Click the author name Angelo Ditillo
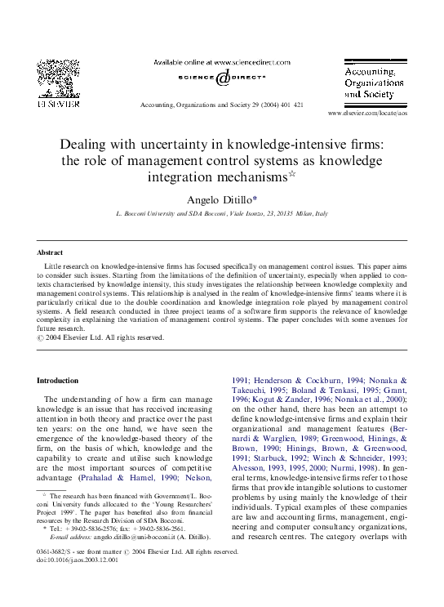[220, 199]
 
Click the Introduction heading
[58, 381]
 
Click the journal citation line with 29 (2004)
[221, 105]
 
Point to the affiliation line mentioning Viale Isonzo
[222, 212]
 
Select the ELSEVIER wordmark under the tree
[59, 105]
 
